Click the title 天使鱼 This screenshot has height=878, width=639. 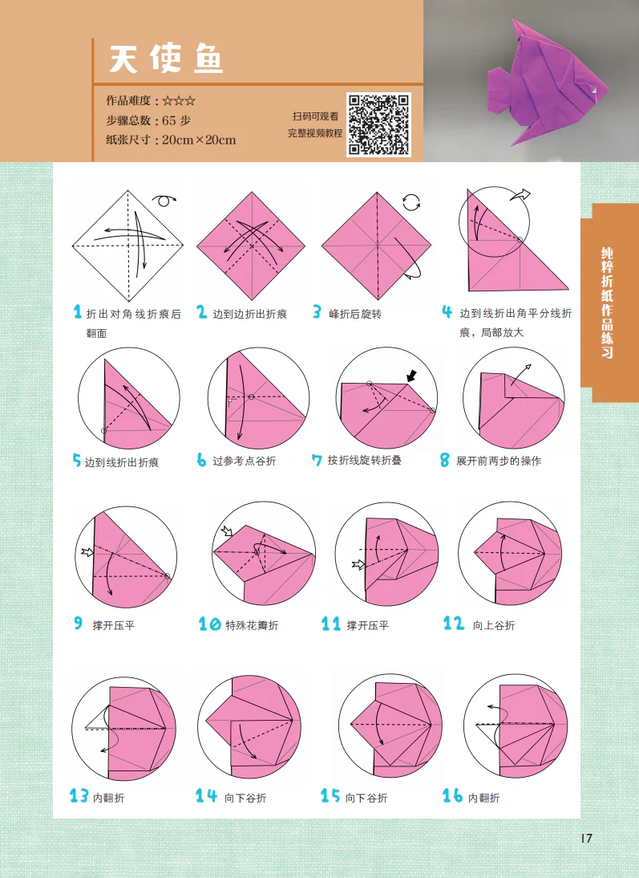click(x=167, y=59)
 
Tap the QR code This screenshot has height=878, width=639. click(x=378, y=124)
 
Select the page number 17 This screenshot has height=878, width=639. click(x=585, y=839)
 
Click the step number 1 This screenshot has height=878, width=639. click(x=78, y=312)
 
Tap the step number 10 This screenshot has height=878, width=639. click(x=209, y=624)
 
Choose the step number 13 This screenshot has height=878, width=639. click(x=79, y=796)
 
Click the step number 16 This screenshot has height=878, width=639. click(x=453, y=796)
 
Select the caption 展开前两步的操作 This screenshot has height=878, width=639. click(x=499, y=461)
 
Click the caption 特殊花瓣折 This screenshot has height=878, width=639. click(x=252, y=625)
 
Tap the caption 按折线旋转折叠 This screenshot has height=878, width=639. click(x=365, y=461)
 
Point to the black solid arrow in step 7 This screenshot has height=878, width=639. click(x=411, y=374)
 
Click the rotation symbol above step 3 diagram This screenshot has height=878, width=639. click(x=410, y=201)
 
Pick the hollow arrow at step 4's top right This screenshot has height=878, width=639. click(x=521, y=194)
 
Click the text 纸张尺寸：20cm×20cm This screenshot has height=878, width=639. click(x=171, y=140)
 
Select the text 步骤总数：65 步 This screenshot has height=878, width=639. click(x=148, y=120)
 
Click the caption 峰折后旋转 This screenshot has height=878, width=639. click(x=355, y=314)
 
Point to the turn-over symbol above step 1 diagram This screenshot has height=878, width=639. click(x=164, y=200)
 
